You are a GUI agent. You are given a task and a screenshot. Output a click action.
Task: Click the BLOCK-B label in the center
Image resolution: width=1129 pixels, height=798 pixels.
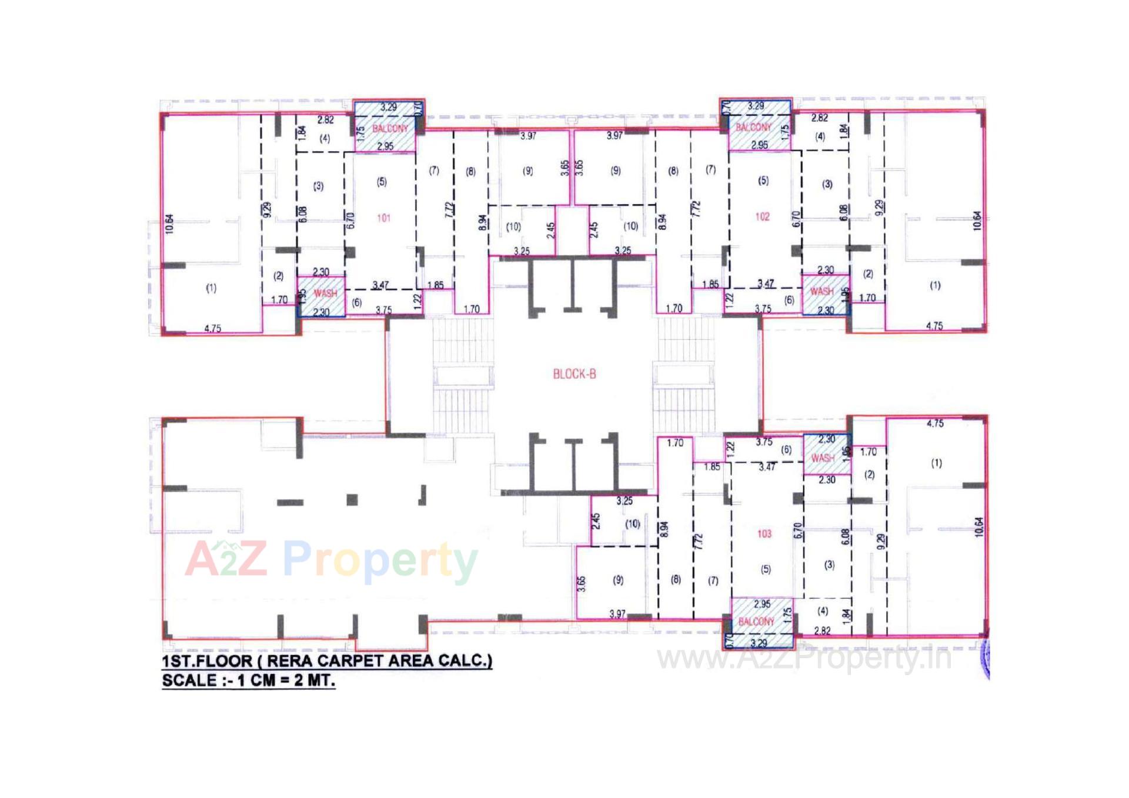point(574,374)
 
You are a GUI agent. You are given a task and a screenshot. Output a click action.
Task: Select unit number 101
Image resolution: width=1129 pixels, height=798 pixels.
point(383,218)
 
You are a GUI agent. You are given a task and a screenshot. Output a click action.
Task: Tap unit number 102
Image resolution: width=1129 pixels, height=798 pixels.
point(762,216)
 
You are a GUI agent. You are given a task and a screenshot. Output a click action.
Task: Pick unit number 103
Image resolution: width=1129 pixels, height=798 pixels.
point(764,533)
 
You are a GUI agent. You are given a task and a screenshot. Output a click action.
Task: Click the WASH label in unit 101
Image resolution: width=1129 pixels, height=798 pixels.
point(325,293)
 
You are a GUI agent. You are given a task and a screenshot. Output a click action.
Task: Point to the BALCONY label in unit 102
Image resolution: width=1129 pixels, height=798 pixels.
point(753,127)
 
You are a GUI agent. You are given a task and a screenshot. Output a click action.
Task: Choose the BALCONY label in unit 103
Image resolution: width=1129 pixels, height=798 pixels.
point(756,622)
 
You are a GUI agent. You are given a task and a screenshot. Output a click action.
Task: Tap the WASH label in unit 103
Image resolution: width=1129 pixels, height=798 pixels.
point(823,458)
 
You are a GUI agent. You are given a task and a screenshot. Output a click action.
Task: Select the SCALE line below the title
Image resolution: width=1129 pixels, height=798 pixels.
point(248,680)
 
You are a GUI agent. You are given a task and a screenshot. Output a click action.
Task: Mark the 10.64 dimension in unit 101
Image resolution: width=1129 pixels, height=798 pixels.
point(169,224)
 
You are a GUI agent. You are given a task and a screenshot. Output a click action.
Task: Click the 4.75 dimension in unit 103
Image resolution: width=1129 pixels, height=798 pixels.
point(935,423)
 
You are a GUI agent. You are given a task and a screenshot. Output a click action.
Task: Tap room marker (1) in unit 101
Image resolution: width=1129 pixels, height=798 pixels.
point(211,288)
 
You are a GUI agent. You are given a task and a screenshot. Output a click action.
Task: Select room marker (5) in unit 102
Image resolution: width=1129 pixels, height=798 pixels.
point(763,181)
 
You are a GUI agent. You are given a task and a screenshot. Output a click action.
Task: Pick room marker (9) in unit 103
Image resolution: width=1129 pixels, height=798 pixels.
point(618,580)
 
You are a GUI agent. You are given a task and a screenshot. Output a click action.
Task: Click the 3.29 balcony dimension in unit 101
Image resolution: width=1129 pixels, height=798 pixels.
point(388,107)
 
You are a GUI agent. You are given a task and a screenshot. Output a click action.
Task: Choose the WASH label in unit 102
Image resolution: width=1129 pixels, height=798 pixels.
point(821,291)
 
